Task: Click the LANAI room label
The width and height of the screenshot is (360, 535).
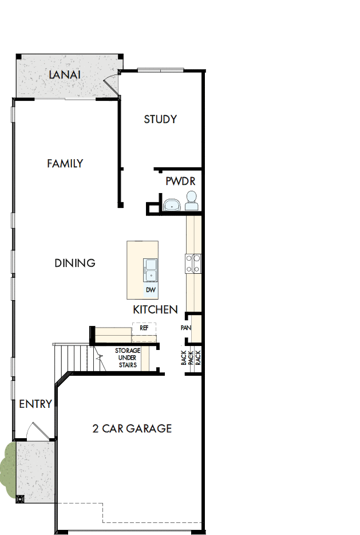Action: [x=64, y=75]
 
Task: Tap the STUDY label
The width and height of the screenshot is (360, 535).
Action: [x=160, y=119]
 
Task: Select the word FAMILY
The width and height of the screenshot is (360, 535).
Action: [x=65, y=164]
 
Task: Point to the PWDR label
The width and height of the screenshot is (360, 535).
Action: [x=180, y=181]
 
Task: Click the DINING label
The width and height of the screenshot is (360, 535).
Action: [x=75, y=263]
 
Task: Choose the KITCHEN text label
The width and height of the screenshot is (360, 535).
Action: [x=155, y=309]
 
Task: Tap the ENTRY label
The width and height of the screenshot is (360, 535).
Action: [x=35, y=404]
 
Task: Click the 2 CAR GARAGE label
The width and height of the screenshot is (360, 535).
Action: [x=132, y=428]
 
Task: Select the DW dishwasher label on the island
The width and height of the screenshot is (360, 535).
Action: [x=151, y=290]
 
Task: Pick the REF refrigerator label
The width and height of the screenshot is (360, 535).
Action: [x=144, y=329]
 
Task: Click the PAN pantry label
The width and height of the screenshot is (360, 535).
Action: [x=185, y=328]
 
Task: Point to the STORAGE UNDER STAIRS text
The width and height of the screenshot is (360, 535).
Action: [x=127, y=358]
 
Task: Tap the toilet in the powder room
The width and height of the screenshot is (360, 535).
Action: [x=191, y=200]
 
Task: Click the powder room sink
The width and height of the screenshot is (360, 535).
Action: [x=171, y=204]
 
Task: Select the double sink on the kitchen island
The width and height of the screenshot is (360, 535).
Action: [x=151, y=270]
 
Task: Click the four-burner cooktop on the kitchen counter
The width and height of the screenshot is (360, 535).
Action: [x=192, y=263]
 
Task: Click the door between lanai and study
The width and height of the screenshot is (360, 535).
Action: [x=110, y=84]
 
